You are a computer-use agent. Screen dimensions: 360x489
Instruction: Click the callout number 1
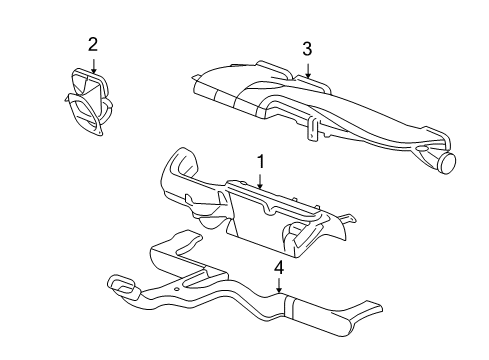pos(260,161)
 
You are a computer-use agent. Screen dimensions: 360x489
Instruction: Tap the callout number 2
pos(93,44)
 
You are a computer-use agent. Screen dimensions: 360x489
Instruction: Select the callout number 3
pos(308,48)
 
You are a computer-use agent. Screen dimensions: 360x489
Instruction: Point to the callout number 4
pos(280,267)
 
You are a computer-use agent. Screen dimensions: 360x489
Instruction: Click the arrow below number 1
pos(260,181)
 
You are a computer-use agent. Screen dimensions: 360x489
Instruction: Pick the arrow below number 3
pos(308,72)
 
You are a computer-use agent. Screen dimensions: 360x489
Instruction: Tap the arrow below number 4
pos(280,291)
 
